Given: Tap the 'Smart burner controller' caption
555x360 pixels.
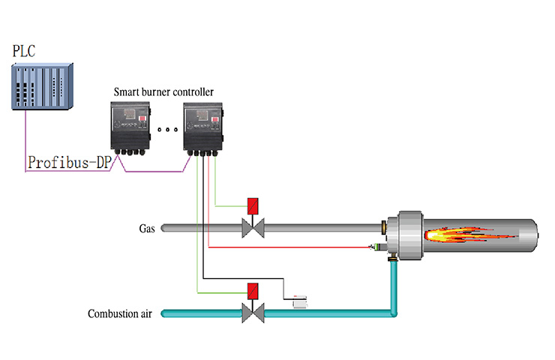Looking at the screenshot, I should coord(163,91).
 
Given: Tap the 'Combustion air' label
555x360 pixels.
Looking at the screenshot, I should coord(120,313).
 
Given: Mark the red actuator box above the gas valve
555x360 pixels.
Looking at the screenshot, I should coord(253,205).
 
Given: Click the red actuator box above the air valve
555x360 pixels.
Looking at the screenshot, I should coord(253,290).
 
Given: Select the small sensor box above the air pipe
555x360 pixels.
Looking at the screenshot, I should coord(300,301).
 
